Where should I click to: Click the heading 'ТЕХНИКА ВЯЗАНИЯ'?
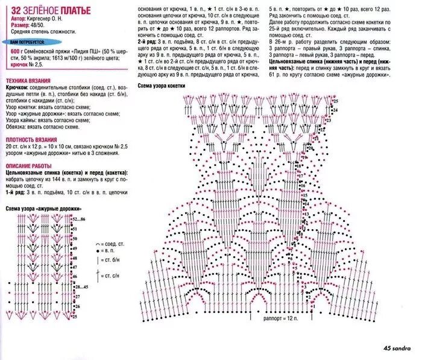28,81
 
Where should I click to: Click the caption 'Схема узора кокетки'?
162,86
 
